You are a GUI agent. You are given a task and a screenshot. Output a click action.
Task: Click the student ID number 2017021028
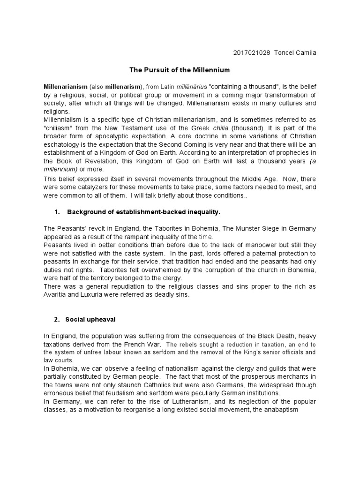pyautogui.click(x=251, y=52)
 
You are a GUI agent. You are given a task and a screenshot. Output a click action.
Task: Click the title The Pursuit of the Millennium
pyautogui.click(x=180, y=70)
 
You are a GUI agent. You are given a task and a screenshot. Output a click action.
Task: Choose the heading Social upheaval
pyautogui.click(x=90, y=319)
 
